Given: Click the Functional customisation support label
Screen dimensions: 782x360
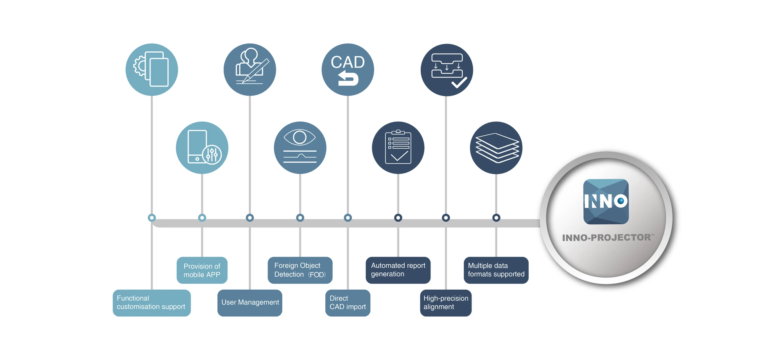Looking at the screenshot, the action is point(152,303).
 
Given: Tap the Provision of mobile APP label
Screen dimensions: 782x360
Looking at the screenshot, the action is point(202,270).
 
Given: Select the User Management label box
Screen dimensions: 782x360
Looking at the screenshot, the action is point(250,303).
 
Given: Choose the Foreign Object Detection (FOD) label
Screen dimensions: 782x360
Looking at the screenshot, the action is point(300,270).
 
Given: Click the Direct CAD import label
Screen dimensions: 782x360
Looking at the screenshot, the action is point(348,303).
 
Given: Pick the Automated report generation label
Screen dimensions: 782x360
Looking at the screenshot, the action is point(398,270).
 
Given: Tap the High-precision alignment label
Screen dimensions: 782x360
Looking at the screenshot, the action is point(446,303).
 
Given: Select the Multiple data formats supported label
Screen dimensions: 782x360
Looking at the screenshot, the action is point(496,270).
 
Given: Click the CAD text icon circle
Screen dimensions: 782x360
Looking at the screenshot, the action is point(348,70).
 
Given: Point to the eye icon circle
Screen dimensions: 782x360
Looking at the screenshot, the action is point(300,148).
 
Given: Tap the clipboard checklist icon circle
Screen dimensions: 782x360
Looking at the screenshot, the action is point(398,148).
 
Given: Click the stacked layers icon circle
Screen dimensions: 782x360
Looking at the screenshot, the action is point(496,148).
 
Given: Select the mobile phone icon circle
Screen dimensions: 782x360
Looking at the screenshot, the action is point(202,148).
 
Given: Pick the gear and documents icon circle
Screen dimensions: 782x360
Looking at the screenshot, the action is point(152,70).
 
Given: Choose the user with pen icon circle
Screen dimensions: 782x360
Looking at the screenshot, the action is point(250,70).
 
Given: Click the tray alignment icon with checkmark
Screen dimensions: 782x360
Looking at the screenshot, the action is point(447,70).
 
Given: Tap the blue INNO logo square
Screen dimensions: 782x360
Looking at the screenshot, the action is point(606,202).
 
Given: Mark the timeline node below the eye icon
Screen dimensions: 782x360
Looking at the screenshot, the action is point(300,218).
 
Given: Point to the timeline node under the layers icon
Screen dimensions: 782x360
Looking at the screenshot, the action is point(496,218).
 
